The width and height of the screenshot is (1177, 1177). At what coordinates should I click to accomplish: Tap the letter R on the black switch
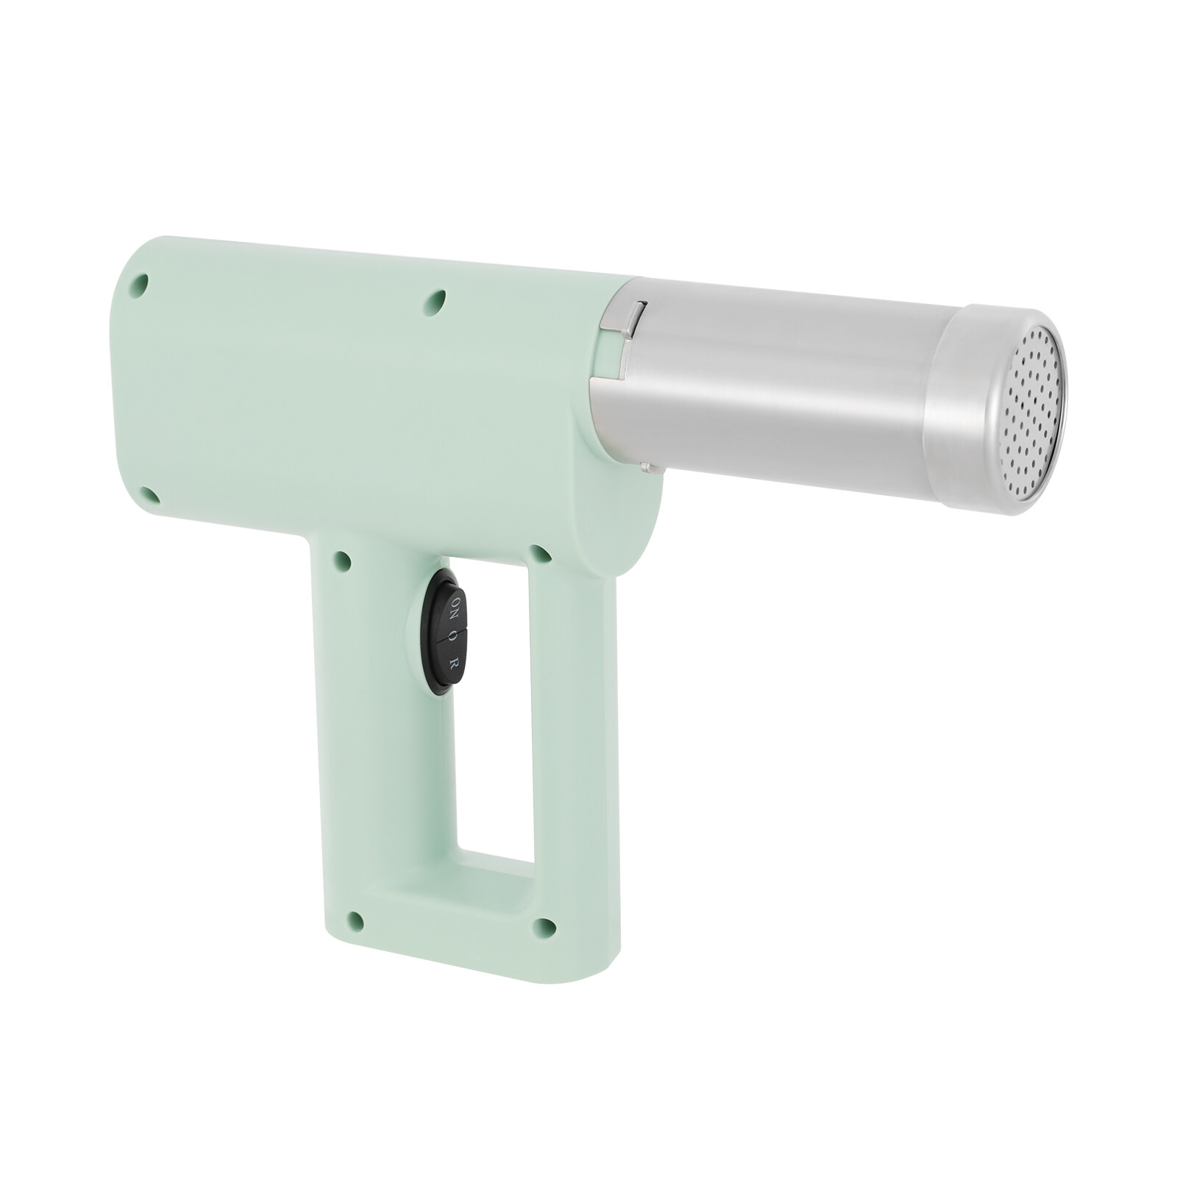coord(454,662)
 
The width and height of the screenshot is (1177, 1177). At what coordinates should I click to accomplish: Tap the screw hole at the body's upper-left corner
coord(138,285)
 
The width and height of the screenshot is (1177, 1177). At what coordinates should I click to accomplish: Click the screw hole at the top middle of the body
coord(435,302)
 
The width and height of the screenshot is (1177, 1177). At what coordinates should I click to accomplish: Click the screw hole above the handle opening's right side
coord(541,553)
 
